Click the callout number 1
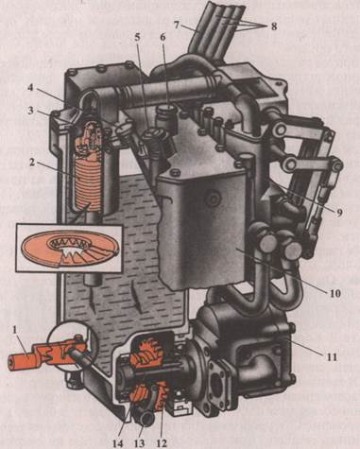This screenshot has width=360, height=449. [14, 330]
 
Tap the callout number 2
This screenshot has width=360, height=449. [32, 163]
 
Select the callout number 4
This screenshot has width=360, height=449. [29, 87]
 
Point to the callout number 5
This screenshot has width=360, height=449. [137, 38]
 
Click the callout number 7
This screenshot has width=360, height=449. [177, 25]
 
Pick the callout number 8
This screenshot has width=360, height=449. [274, 26]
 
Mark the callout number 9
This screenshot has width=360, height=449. [339, 213]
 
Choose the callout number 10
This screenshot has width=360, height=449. [335, 293]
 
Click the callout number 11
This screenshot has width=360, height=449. [332, 357]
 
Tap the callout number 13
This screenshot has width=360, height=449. [139, 443]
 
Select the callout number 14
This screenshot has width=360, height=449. [117, 443]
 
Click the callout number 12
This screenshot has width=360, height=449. [161, 443]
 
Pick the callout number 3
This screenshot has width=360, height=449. [29, 112]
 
